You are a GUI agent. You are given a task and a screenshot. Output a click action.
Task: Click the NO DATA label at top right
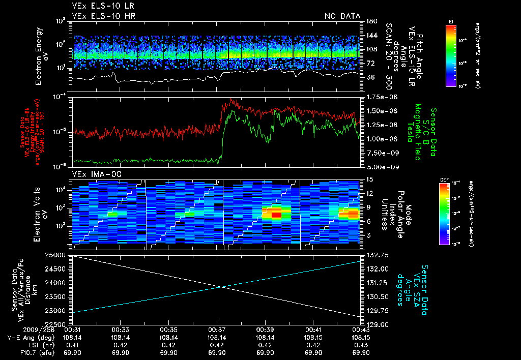coord(342,16)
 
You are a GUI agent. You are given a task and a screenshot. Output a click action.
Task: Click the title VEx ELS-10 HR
coord(100,16)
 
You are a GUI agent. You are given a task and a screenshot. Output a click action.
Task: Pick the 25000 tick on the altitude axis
coord(59,255)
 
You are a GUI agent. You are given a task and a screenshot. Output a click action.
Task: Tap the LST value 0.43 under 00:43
coord(361,345)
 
